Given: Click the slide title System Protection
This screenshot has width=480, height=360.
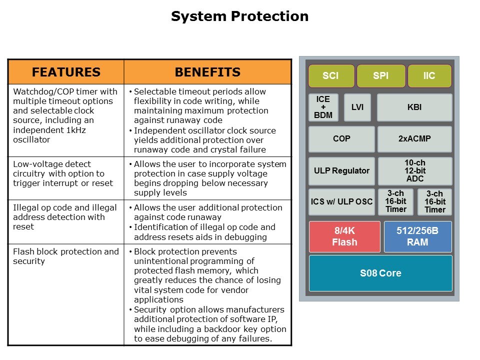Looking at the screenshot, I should tap(239, 16).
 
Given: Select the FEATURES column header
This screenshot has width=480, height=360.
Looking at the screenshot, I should tap(66, 72).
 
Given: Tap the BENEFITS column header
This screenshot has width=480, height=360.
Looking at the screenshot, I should tap(207, 72).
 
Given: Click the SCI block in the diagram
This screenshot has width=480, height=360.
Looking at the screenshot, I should tap(330, 76).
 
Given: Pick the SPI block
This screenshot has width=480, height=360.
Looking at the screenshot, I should tap(380, 76).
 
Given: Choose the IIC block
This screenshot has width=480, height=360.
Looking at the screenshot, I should tap(429, 76).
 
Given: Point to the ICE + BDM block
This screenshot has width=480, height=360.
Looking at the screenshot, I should tap(323, 107).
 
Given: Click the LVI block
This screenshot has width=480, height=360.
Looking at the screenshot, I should tap(357, 107).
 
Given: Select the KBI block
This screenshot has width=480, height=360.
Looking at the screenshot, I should tap(414, 107).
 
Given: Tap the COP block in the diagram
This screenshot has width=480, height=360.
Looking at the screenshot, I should tap(341, 139).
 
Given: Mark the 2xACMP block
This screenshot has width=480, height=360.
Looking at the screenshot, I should tap(414, 139).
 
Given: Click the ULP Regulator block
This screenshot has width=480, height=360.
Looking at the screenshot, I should tap(341, 170).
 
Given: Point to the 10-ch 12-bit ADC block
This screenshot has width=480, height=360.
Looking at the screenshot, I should tap(415, 170).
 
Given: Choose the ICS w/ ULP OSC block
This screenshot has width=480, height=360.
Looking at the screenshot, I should tap(341, 202).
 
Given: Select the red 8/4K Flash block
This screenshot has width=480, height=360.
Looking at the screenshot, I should tap(345, 236).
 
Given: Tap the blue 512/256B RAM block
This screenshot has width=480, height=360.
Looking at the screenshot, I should tap(417, 236).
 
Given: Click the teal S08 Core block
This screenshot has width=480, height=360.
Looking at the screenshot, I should tap(380, 273).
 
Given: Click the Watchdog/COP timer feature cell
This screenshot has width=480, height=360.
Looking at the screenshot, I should tap(66, 115).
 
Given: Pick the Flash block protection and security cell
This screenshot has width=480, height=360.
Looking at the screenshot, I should tap(66, 256).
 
